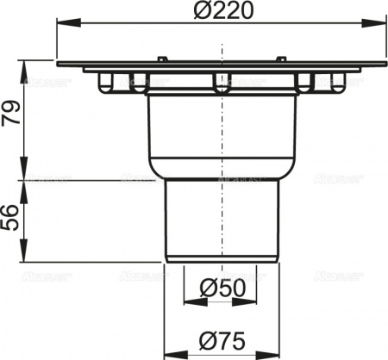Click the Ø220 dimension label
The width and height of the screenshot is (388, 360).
(222, 15)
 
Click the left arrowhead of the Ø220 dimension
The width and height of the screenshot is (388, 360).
(62, 28)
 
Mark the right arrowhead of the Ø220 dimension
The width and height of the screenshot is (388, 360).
(382, 28)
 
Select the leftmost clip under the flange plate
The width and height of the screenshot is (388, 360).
(105, 83)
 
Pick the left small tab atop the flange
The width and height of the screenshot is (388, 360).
(161, 58)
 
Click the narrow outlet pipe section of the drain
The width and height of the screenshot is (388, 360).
(222, 220)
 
